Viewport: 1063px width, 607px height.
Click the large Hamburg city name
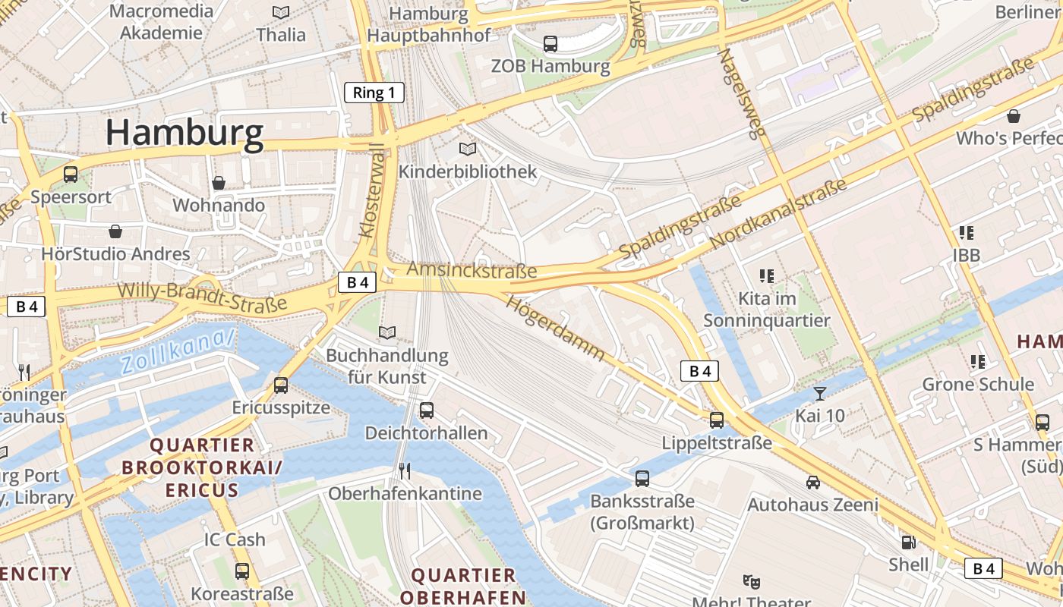(185, 132)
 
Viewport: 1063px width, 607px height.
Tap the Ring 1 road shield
(374, 93)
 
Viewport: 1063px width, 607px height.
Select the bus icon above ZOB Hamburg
(550, 44)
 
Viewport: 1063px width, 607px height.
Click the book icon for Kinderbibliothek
(468, 149)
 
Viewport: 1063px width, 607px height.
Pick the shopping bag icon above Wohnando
(219, 183)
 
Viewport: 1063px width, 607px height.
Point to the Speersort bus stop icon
(71, 174)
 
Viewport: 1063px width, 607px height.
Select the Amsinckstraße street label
(472, 270)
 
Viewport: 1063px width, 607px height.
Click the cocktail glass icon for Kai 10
(820, 393)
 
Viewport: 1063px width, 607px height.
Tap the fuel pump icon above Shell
(907, 542)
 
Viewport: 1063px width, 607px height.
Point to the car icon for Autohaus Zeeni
(813, 482)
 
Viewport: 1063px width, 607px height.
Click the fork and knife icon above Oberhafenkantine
(405, 471)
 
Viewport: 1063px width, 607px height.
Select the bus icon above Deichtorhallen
(427, 410)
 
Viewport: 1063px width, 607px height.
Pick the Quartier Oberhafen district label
(463, 586)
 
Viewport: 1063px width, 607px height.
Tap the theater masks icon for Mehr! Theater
(752, 582)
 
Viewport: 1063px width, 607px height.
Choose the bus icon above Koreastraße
(242, 571)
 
